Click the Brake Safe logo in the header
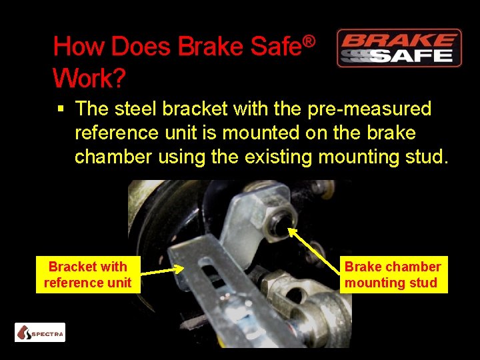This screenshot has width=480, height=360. (x=399, y=48)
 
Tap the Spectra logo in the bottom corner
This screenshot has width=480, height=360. (x=40, y=332)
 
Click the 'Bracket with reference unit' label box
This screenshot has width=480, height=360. (x=87, y=275)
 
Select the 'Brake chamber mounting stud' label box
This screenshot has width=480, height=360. (x=393, y=275)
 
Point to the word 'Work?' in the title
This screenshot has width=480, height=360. (x=89, y=79)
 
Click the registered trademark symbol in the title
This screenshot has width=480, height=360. (x=308, y=41)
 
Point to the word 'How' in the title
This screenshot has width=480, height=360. (x=79, y=47)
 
